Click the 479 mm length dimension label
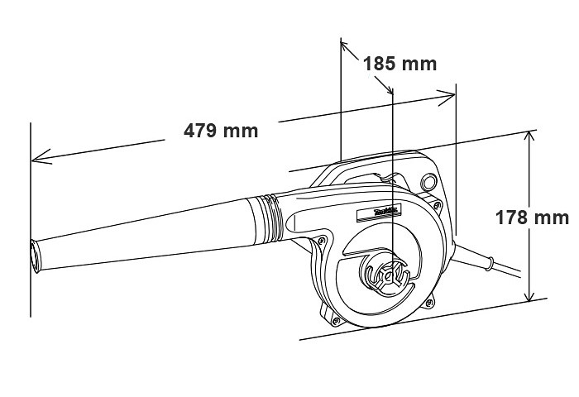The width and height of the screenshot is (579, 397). [220, 131]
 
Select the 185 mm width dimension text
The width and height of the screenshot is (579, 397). [400, 64]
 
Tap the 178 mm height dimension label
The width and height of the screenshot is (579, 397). [532, 218]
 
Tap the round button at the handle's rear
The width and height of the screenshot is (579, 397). [429, 182]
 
